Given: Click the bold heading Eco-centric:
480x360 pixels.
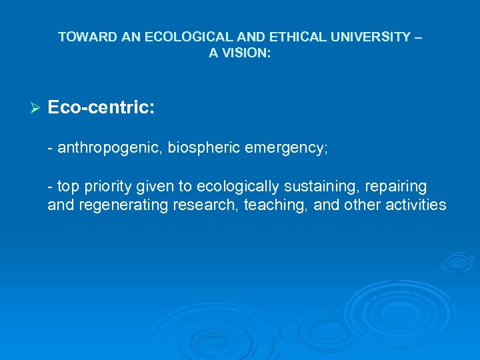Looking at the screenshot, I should pos(101,107).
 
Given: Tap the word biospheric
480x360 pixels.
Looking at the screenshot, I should pos(204,147).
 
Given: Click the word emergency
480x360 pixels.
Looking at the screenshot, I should pos(285,147).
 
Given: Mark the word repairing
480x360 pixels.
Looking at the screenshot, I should pos(397,187).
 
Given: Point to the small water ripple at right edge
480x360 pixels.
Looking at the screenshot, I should pos(457,261).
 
